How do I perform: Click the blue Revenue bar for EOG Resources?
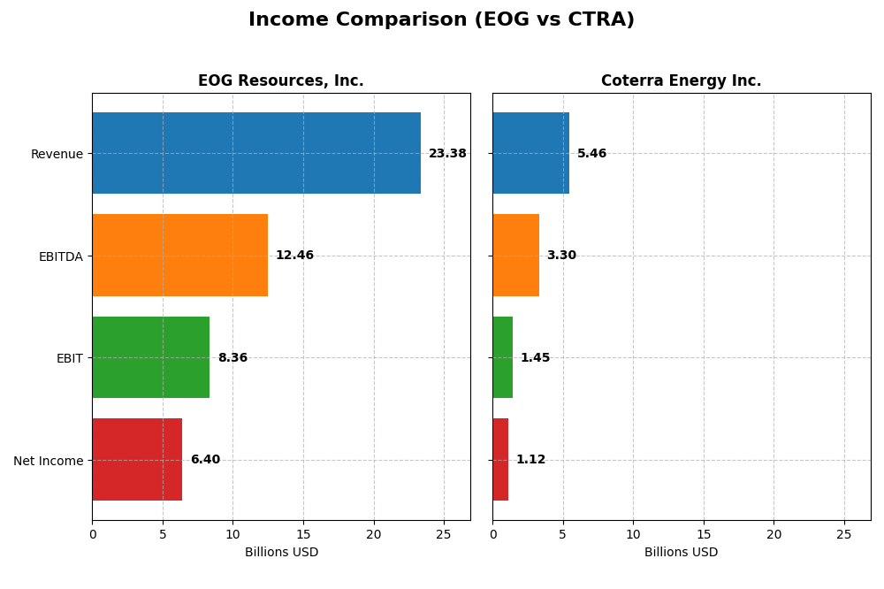pyautogui.click(x=256, y=153)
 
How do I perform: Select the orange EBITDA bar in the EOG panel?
pyautogui.click(x=179, y=256)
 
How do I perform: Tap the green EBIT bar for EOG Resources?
pyautogui.click(x=151, y=357)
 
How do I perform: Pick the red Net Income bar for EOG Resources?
pyautogui.click(x=137, y=460)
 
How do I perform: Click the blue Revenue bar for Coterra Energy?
pyautogui.click(x=530, y=153)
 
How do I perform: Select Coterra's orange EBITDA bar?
pyautogui.click(x=515, y=256)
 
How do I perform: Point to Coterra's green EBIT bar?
pyautogui.click(x=503, y=357)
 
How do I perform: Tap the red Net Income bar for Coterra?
pyautogui.click(x=500, y=460)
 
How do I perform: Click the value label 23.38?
pyautogui.click(x=447, y=154)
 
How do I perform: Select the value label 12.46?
pyautogui.click(x=294, y=256)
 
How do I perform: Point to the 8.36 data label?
pyautogui.click(x=232, y=358)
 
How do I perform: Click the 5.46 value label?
pyautogui.click(x=591, y=154)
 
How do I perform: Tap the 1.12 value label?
pyautogui.click(x=530, y=460)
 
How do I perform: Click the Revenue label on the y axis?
pyautogui.click(x=57, y=154)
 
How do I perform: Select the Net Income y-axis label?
pyautogui.click(x=48, y=461)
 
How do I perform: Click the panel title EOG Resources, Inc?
pyautogui.click(x=280, y=81)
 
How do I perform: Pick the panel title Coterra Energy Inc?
pyautogui.click(x=681, y=81)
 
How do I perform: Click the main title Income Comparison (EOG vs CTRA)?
pyautogui.click(x=441, y=20)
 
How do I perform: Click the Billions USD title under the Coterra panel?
pyautogui.click(x=681, y=553)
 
